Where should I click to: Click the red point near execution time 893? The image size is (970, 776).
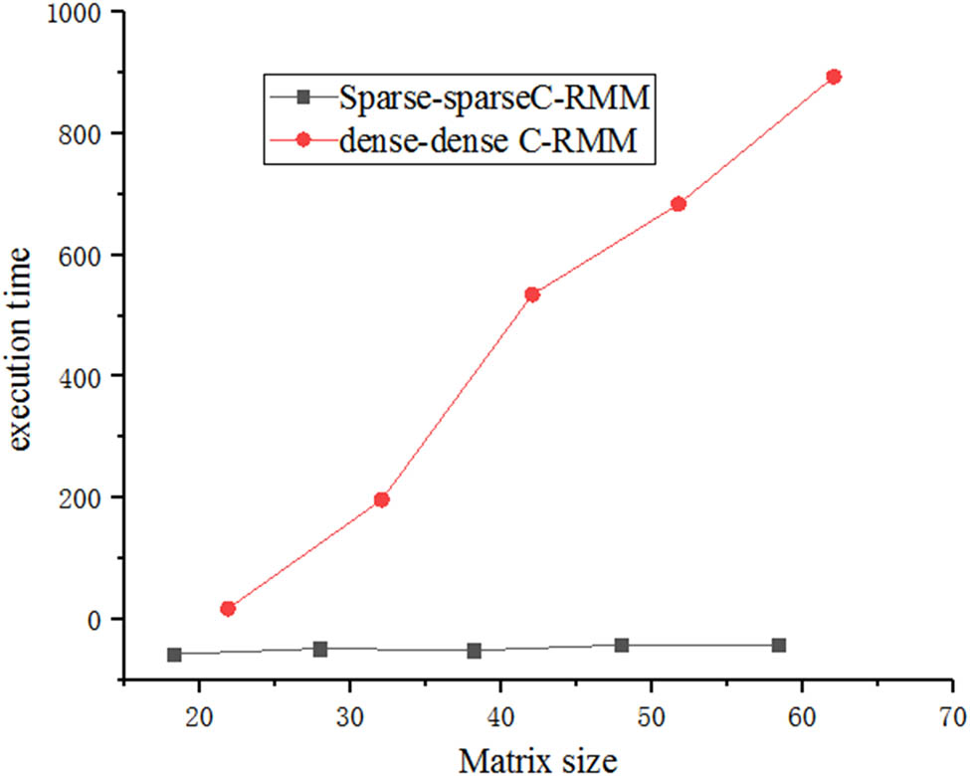click(x=834, y=77)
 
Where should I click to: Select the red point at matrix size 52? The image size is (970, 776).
click(x=679, y=204)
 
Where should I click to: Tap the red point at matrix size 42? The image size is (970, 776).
click(x=531, y=294)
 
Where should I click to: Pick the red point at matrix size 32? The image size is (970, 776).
click(x=381, y=499)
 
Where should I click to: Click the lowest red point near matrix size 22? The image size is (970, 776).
click(x=228, y=608)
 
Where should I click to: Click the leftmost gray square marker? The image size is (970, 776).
click(x=174, y=655)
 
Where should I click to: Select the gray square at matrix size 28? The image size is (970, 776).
click(x=320, y=649)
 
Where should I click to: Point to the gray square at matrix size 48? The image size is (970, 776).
click(x=622, y=645)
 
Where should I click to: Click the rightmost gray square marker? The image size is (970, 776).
click(x=779, y=645)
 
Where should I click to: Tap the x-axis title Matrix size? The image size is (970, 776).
click(x=538, y=759)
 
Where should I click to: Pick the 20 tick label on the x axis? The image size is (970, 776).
click(x=200, y=714)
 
